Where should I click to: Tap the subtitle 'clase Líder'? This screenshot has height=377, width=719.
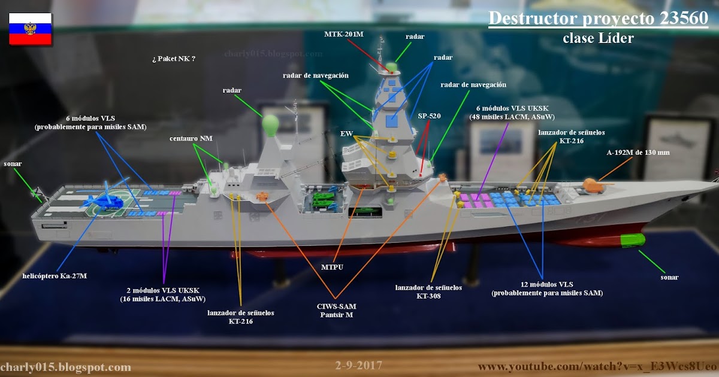coord(597,38)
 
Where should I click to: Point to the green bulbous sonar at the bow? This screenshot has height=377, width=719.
coord(633,241)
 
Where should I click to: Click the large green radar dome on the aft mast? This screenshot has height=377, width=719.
coord(271,125)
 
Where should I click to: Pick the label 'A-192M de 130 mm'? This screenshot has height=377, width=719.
coord(638,153)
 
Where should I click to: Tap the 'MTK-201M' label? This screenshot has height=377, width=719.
coord(344,34)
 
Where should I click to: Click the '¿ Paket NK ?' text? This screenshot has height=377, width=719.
coord(174,59)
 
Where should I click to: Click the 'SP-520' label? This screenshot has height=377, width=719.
coord(429,116)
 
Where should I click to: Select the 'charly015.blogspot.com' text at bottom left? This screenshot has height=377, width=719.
coord(65,367)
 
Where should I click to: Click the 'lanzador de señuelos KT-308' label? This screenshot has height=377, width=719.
coord(428,291)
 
